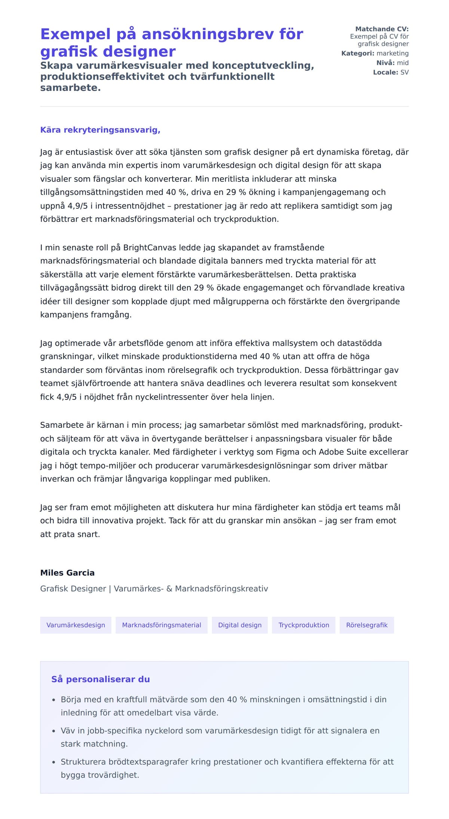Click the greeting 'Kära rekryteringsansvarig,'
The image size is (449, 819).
pyautogui.click(x=100, y=130)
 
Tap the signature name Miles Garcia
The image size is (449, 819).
pyautogui.click(x=67, y=573)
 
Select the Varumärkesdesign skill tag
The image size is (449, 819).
pyautogui.click(x=76, y=625)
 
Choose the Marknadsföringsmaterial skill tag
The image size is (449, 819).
pyautogui.click(x=162, y=625)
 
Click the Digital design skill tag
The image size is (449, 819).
pyautogui.click(x=240, y=625)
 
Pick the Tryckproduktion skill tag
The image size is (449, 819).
pyautogui.click(x=304, y=625)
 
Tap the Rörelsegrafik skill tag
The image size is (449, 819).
pyautogui.click(x=367, y=625)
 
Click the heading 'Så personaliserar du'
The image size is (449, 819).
pyautogui.click(x=101, y=679)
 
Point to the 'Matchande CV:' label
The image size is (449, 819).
pyautogui.click(x=382, y=29)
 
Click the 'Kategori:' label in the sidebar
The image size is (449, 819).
pyautogui.click(x=358, y=53)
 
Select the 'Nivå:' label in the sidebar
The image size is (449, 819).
pyautogui.click(x=385, y=63)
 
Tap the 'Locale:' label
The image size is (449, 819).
pyautogui.click(x=385, y=73)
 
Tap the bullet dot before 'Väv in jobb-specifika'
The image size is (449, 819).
pyautogui.click(x=54, y=731)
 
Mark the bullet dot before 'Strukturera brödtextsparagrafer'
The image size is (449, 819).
pyautogui.click(x=54, y=762)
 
